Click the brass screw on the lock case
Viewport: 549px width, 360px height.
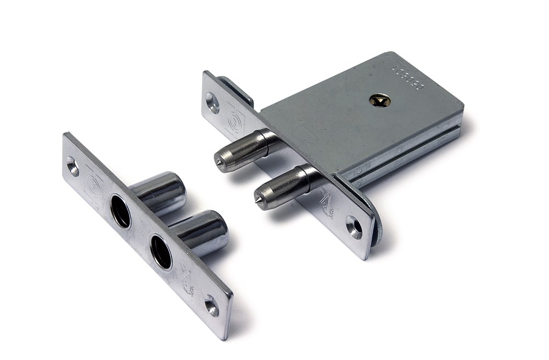(x=380, y=100)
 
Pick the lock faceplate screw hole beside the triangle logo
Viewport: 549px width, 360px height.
(x=354, y=227)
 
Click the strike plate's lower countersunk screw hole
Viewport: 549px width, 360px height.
(x=212, y=305)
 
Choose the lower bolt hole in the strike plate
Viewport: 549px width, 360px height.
(x=161, y=252)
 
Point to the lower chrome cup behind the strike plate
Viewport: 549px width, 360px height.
(x=203, y=232)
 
